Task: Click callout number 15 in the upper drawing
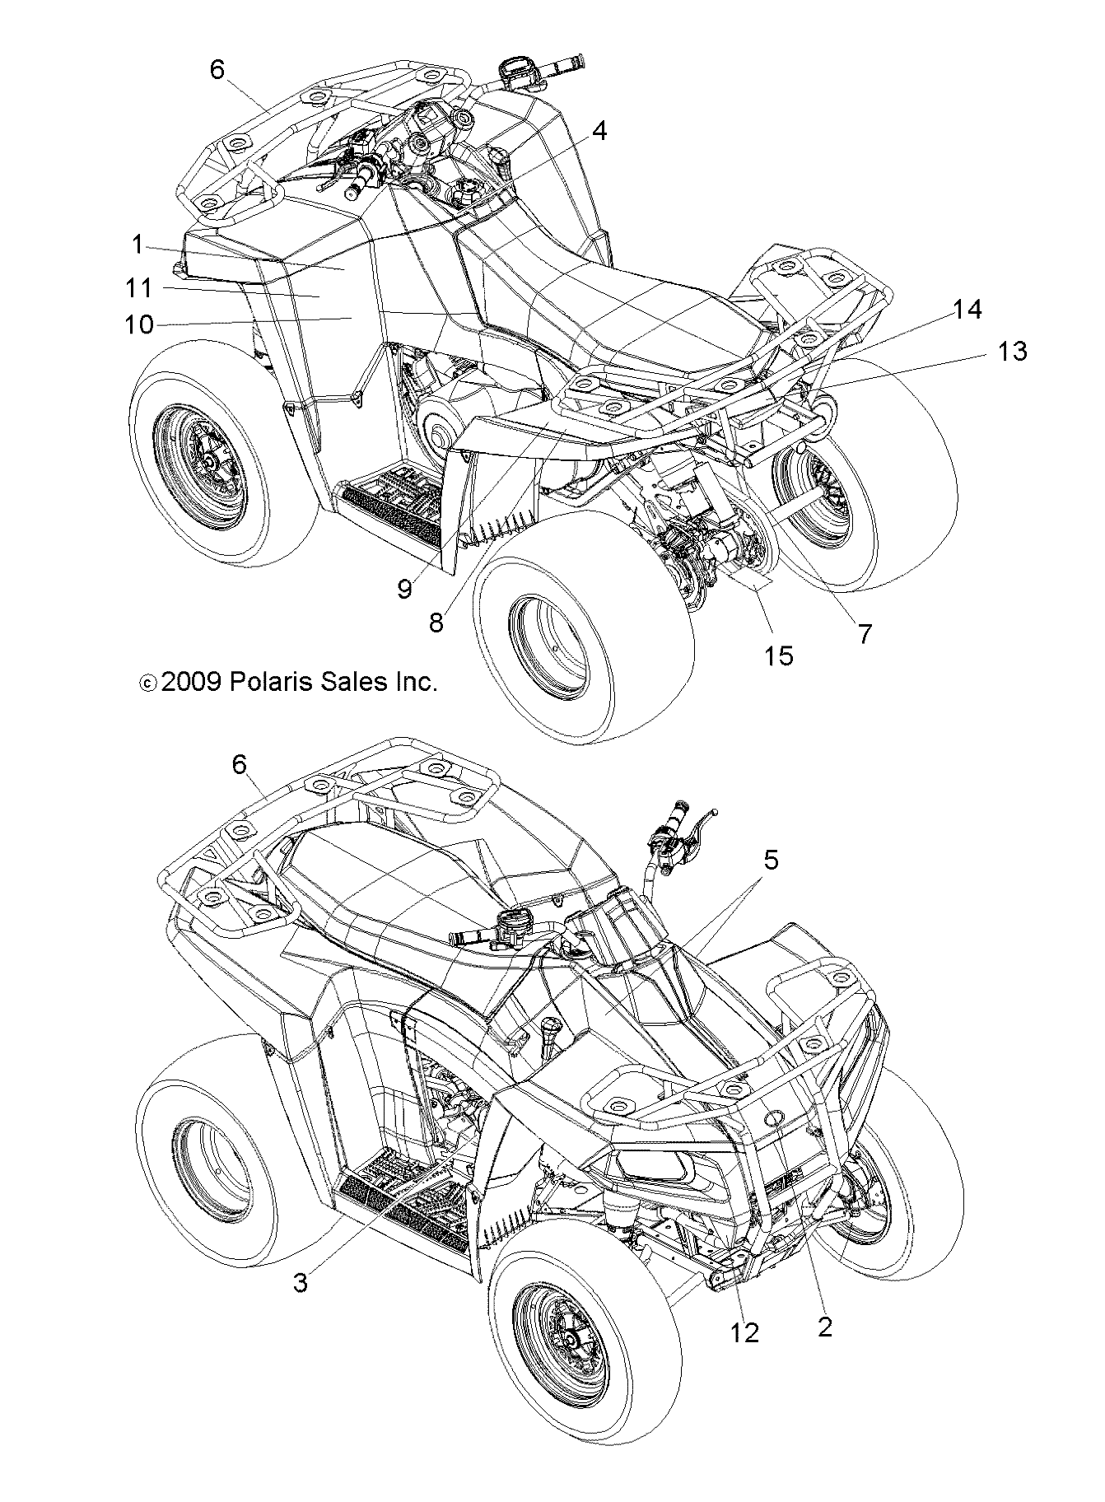point(778,655)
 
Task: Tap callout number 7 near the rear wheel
point(865,633)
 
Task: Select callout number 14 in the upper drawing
point(967,310)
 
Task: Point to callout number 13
point(1011,352)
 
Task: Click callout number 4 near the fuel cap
point(599,131)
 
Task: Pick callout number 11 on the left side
point(139,289)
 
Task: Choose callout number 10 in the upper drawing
point(140,324)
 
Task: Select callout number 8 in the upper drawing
point(436,623)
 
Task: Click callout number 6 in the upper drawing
point(217,71)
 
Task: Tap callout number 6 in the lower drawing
point(239,765)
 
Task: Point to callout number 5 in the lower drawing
point(770,861)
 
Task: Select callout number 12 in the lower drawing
point(745,1333)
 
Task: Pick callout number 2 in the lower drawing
point(824,1327)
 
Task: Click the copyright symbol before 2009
point(147,683)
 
